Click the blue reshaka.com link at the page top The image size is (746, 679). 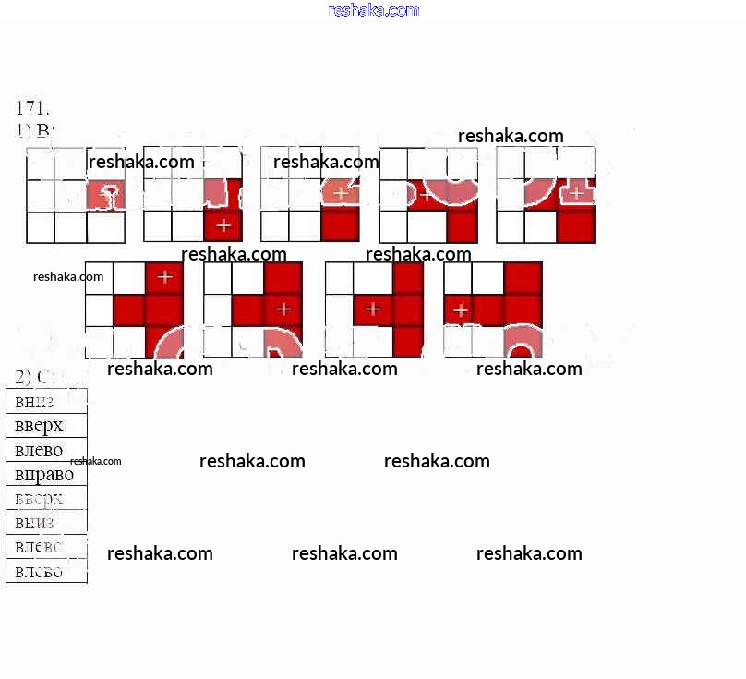tap(373, 10)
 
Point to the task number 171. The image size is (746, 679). tap(31, 107)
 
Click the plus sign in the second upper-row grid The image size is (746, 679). tap(223, 225)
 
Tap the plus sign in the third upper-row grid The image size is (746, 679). tap(341, 194)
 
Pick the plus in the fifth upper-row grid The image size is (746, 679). tap(576, 194)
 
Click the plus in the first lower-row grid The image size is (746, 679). tap(164, 276)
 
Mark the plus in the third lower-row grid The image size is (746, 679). tap(372, 309)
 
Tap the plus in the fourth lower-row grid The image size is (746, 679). tap(459, 309)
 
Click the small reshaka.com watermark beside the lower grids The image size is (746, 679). tap(68, 276)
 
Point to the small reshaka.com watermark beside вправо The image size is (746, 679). tap(95, 461)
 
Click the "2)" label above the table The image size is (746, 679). tap(24, 376)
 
